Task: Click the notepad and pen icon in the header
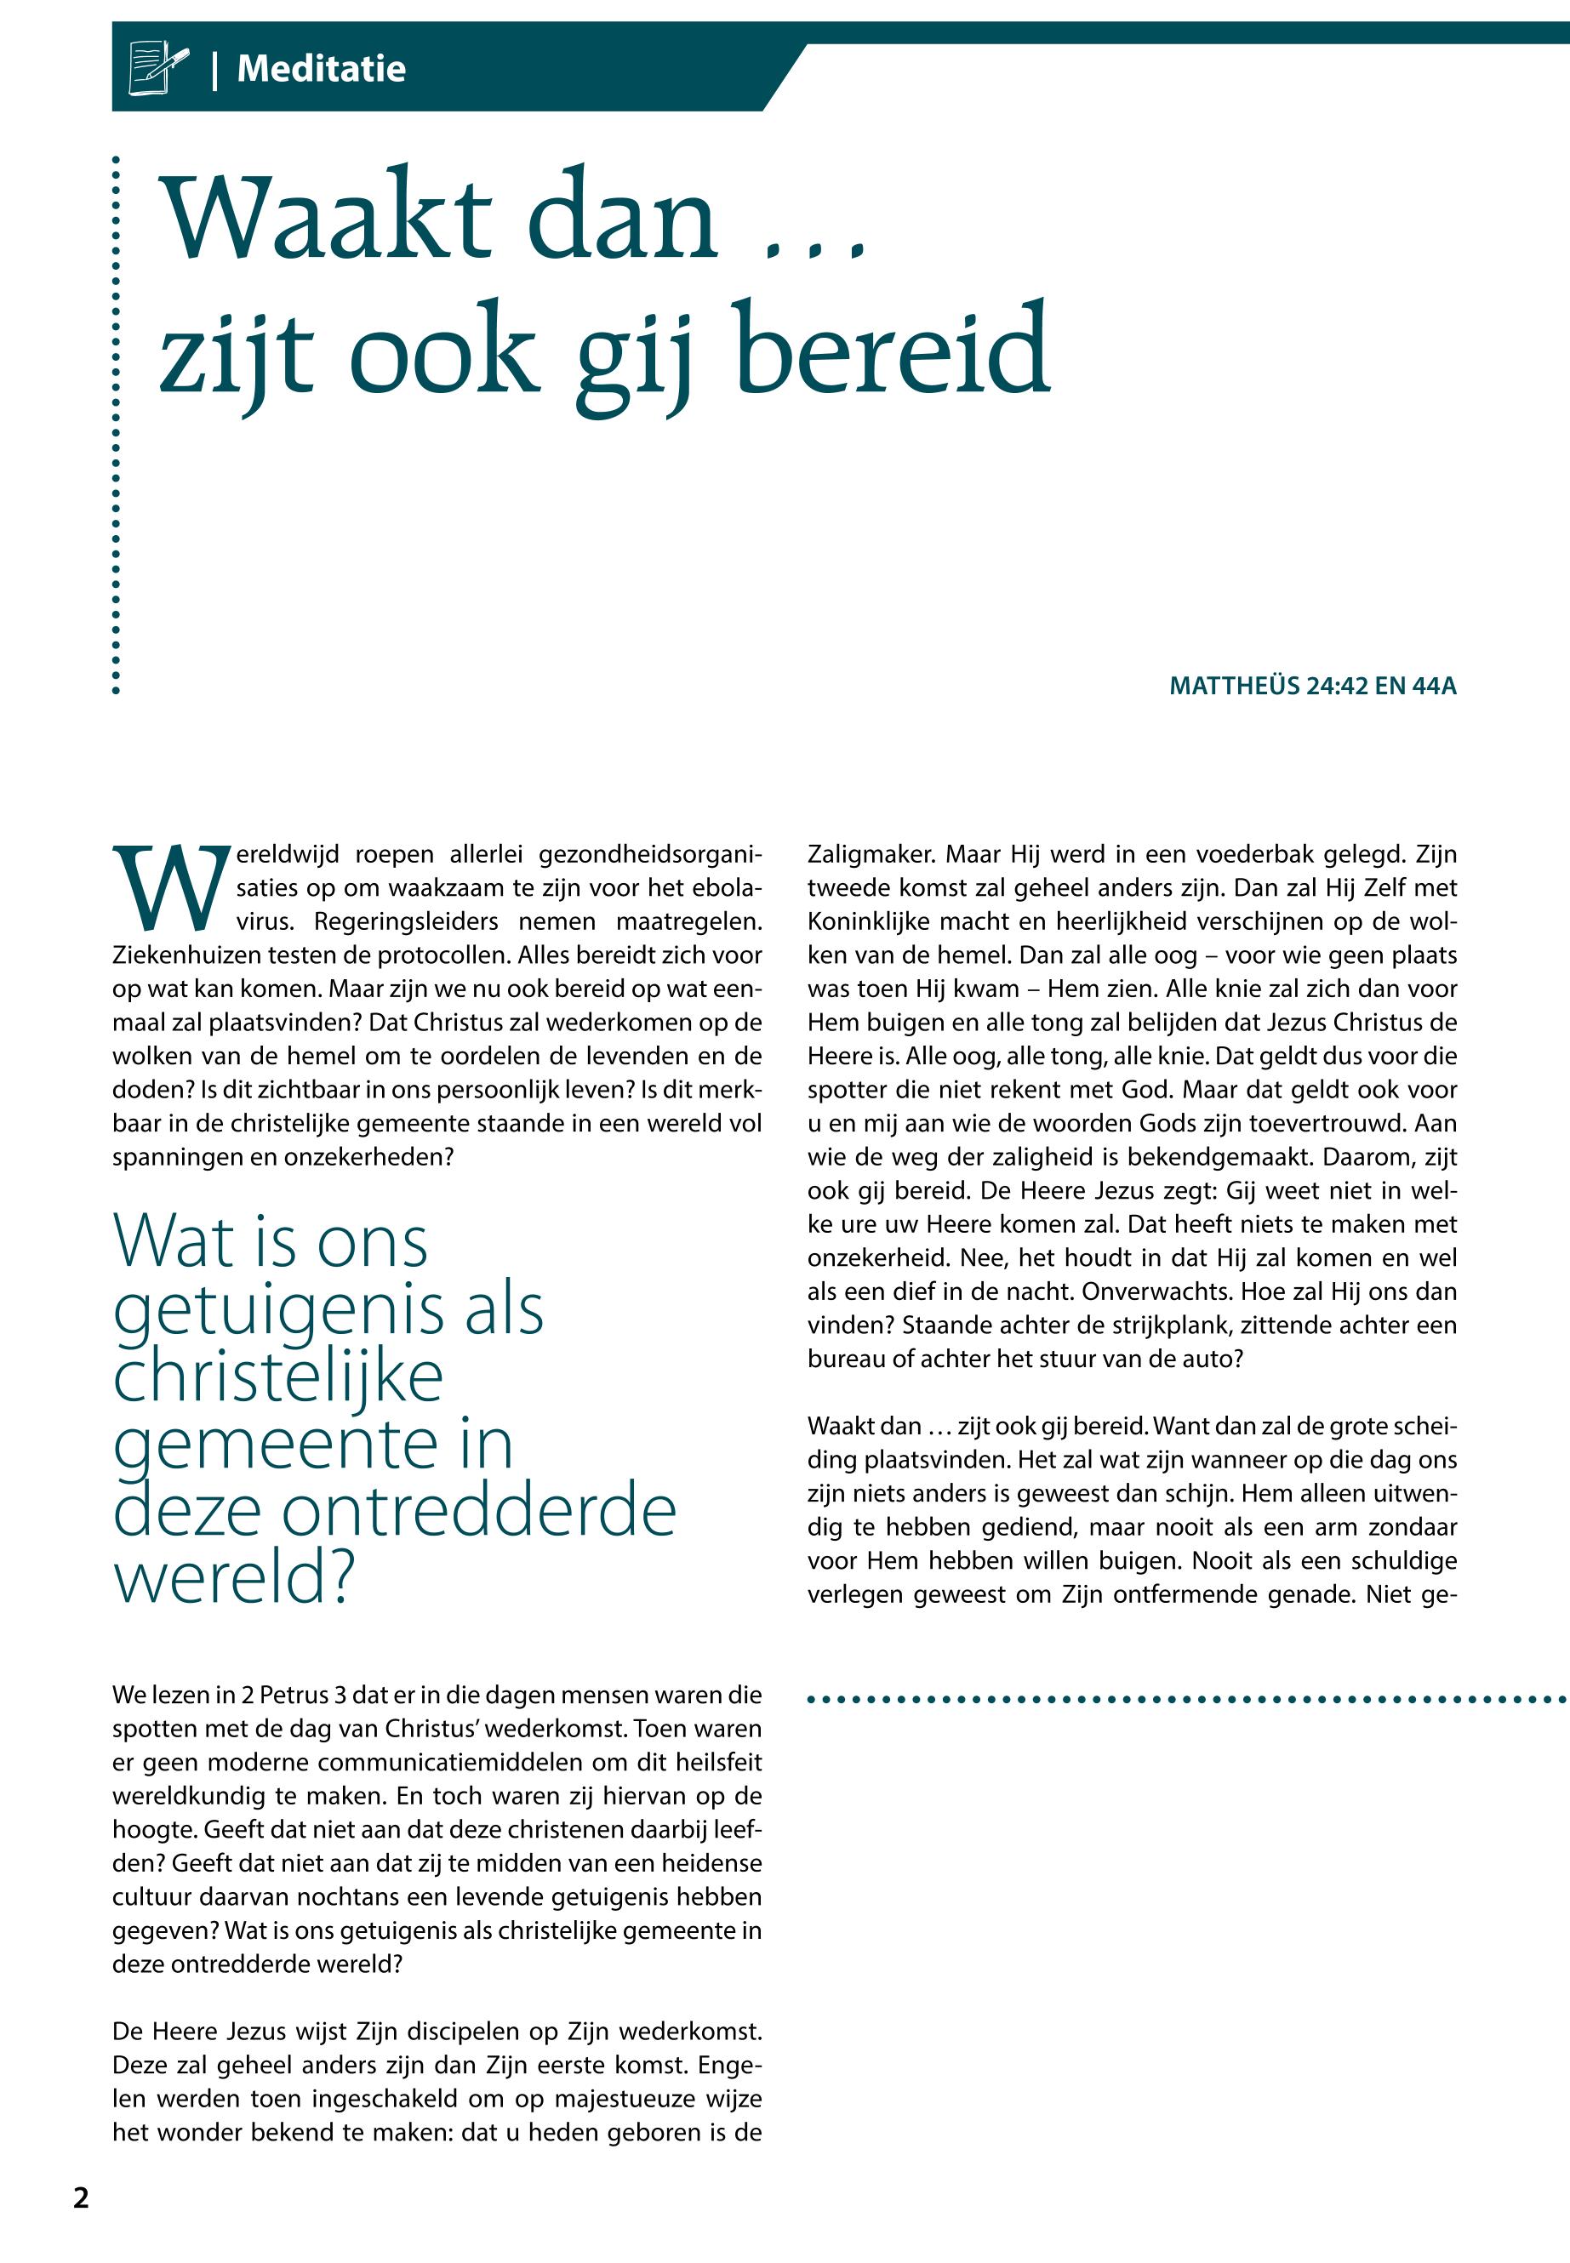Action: pos(157,67)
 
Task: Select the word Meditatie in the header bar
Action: pos(321,69)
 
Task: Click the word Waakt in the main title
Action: pos(324,219)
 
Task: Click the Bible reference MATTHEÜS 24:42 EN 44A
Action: pos(1312,686)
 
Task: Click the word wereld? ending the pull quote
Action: pos(233,1578)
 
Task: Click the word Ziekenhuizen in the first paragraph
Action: pos(181,955)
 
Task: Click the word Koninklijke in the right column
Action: pos(869,921)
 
